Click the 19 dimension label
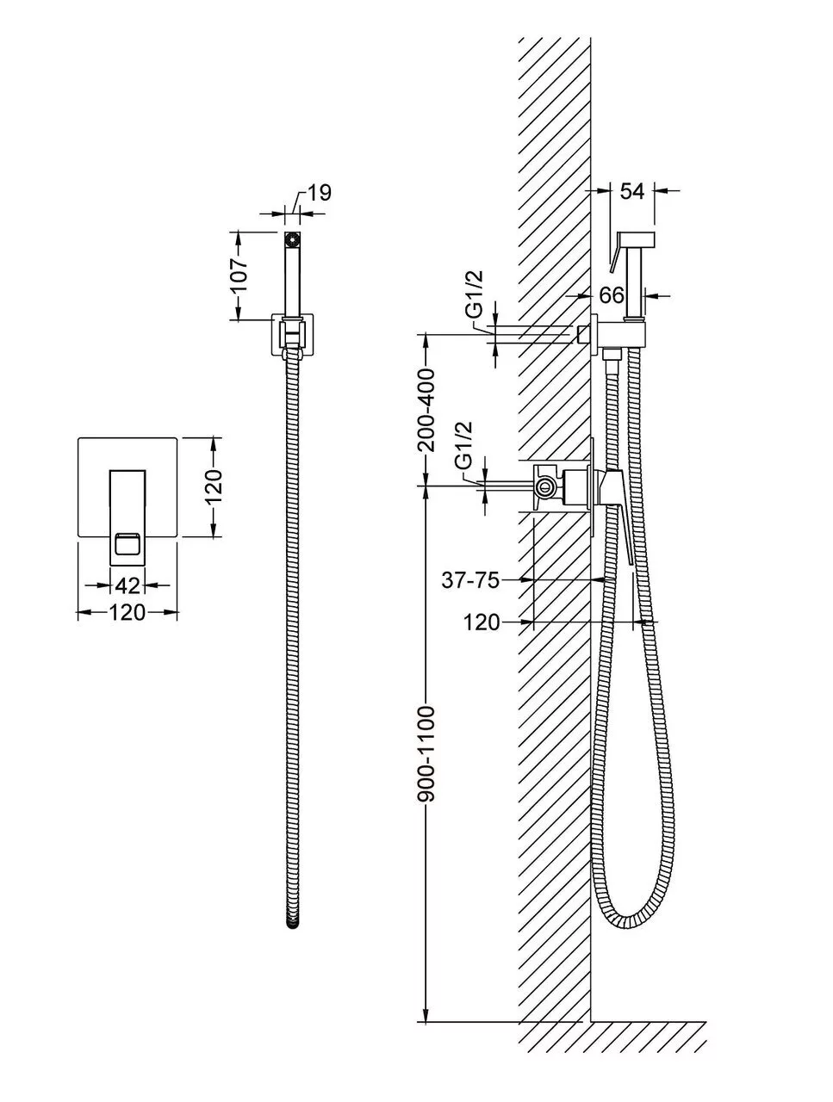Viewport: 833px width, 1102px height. (319, 193)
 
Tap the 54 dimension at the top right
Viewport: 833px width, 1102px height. (632, 191)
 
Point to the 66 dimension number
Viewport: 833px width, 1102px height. (612, 295)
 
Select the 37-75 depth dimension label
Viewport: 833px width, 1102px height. (470, 580)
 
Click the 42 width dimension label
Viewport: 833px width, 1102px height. (127, 585)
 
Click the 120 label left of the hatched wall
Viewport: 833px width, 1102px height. (482, 622)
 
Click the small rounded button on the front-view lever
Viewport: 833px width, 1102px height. (127, 544)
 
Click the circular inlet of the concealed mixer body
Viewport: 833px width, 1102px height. (544, 487)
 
